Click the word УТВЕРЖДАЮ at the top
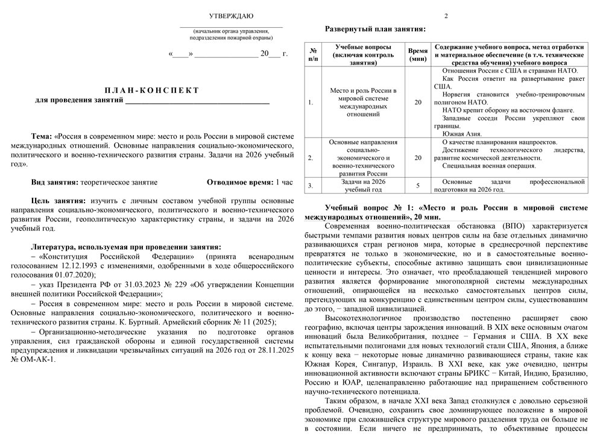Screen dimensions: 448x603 pyautogui.click(x=231, y=16)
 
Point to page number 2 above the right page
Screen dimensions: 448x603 pyautogui.click(x=446, y=16)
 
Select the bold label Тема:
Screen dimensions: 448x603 pyautogui.click(x=42, y=136)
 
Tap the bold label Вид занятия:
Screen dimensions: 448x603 pyautogui.click(x=55, y=181)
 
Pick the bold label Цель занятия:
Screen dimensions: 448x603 pyautogui.click(x=58, y=200)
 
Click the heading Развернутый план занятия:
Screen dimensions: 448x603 pyautogui.click(x=375, y=28)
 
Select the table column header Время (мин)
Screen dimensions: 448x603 pyautogui.click(x=417, y=55)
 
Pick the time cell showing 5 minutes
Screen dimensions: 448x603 pyautogui.click(x=417, y=185)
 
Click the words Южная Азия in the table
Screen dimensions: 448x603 pyautogui.click(x=458, y=133)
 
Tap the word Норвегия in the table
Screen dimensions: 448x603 pyautogui.click(x=459, y=95)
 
